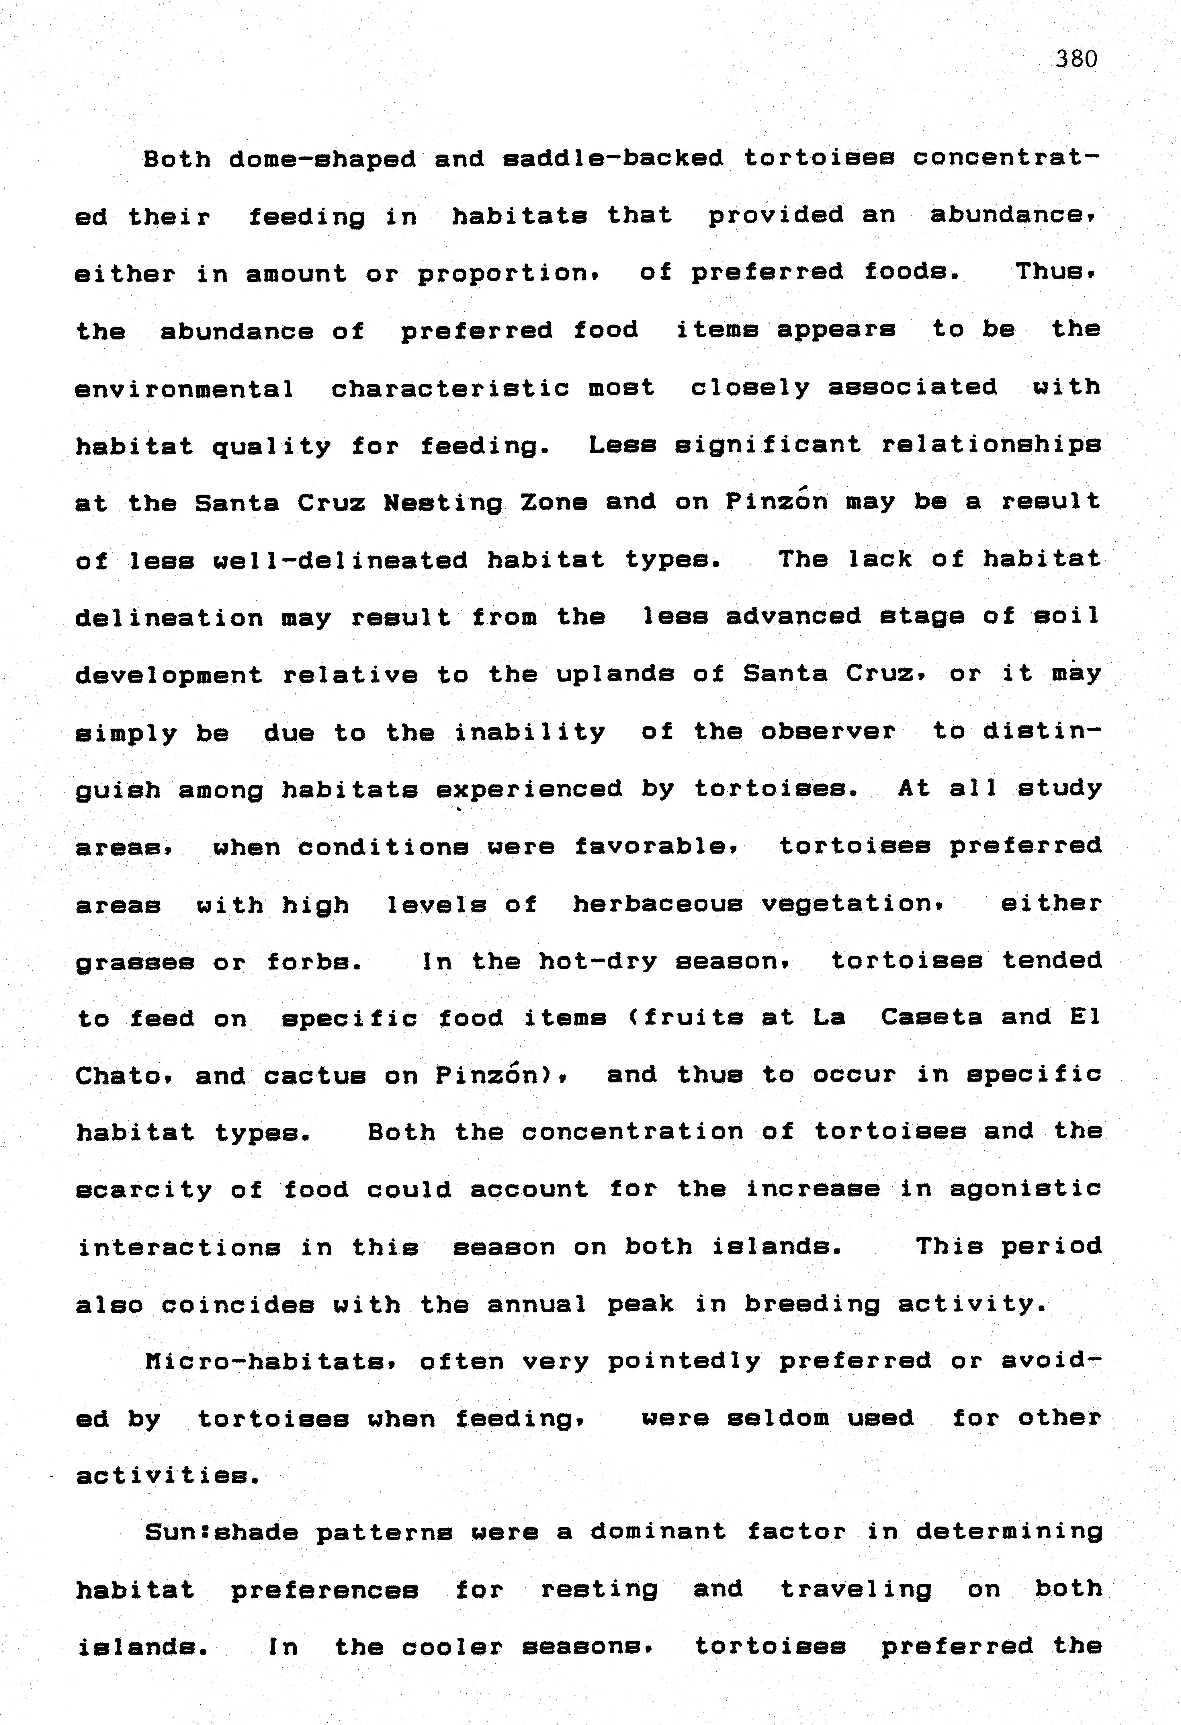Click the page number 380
coord(1076,59)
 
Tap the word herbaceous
coord(657,904)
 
